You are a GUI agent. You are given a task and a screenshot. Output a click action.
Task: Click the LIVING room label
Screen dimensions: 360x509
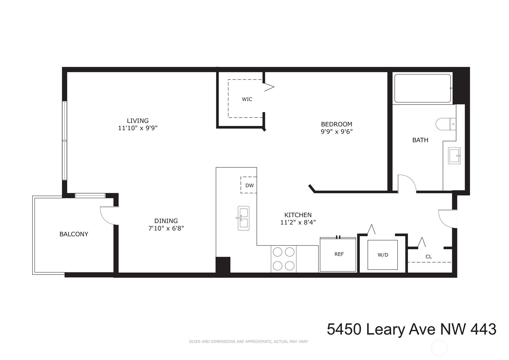pos(138,121)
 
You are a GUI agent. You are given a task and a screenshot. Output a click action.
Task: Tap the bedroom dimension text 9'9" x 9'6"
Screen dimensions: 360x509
pos(337,131)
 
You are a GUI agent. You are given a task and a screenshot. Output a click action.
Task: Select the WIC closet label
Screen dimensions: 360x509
pos(247,99)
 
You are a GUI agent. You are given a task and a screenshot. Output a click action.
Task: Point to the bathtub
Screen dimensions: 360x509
pos(422,88)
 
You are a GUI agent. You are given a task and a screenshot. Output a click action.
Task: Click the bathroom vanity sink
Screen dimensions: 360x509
pos(454,156)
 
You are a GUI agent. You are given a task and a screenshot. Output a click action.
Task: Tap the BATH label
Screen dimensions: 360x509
pos(420,140)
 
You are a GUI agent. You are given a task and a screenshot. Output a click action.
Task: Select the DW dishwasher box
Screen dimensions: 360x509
pos(249,185)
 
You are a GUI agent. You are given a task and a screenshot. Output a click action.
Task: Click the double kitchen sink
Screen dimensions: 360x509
pos(244,218)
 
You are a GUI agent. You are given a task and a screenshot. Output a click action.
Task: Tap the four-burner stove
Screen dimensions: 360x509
pos(283,259)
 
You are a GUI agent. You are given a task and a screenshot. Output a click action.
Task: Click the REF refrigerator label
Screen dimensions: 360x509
pos(339,254)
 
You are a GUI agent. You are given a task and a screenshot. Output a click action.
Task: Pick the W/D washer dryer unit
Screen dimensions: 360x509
pos(383,255)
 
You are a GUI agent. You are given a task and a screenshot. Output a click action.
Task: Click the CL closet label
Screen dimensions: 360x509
pos(428,257)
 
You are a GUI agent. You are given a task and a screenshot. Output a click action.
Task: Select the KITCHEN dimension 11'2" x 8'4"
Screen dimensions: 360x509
pos(298,222)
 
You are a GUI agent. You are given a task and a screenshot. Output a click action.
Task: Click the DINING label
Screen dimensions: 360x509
pos(166,221)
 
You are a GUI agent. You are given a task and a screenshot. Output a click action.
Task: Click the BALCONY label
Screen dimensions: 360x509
pos(74,234)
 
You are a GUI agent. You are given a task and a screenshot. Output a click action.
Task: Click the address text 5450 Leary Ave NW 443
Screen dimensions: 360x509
pos(411,329)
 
